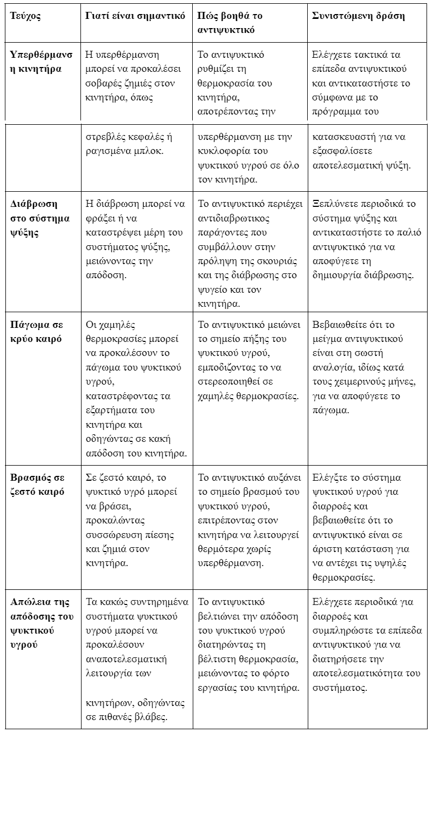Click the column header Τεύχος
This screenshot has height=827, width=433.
coord(25,16)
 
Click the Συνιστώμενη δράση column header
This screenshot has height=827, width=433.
coord(358,16)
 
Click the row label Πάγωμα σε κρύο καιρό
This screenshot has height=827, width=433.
coord(37,332)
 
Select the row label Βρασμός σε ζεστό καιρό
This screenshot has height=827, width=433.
coord(37,485)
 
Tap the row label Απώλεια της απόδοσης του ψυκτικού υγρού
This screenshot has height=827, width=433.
coord(42,623)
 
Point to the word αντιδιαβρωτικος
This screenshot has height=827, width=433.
coord(234,218)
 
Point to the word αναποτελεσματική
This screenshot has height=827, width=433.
coord(126,659)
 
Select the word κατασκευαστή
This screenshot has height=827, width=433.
coord(342,137)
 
